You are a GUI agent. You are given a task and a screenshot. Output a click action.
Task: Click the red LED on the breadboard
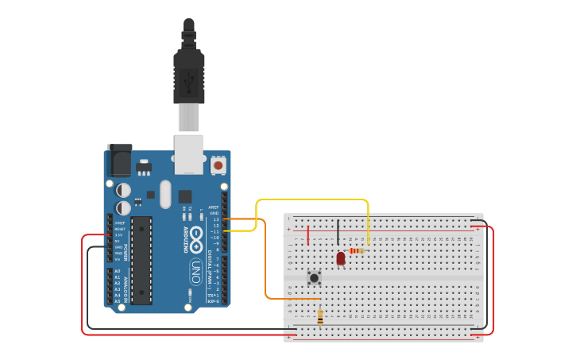[341, 258]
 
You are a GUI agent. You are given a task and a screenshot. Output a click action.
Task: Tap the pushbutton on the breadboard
[315, 277]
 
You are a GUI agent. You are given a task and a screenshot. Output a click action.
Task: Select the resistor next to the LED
[357, 250]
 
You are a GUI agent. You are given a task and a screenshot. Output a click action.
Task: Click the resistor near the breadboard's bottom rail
[320, 316]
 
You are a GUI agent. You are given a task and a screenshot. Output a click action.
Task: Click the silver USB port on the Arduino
[189, 154]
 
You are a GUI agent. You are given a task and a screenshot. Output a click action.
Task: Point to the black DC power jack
[118, 161]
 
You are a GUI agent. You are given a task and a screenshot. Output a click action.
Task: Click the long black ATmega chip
[141, 260]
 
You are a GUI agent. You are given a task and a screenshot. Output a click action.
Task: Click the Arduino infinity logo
[196, 235]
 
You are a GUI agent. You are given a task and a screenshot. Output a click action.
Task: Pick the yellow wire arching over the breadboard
[318, 199]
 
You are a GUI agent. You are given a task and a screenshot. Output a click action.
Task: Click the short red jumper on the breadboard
[308, 234]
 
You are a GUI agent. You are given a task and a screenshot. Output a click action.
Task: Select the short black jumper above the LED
[338, 232]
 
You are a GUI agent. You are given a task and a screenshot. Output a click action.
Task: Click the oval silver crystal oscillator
[165, 194]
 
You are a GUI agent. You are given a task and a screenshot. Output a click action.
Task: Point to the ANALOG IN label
[126, 285]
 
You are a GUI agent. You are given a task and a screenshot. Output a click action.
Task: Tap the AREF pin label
[214, 207]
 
